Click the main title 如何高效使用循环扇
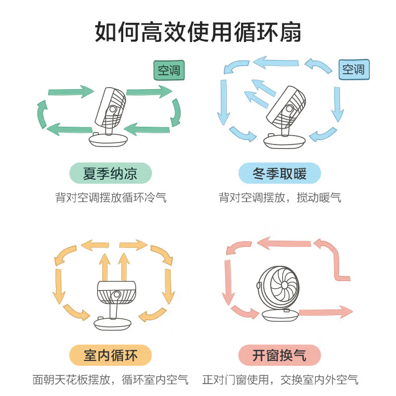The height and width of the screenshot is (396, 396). [198, 32]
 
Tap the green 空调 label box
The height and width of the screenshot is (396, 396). [168, 70]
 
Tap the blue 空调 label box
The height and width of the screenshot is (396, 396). [354, 69]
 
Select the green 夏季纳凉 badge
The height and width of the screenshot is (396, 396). [110, 174]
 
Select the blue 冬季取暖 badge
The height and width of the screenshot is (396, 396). [280, 174]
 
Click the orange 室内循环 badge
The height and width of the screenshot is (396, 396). [110, 355]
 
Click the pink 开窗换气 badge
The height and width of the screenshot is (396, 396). [280, 355]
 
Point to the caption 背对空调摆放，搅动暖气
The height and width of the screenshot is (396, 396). [280, 198]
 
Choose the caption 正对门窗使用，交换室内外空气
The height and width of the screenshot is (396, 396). [280, 380]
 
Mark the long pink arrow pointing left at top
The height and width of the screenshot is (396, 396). [282, 243]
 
